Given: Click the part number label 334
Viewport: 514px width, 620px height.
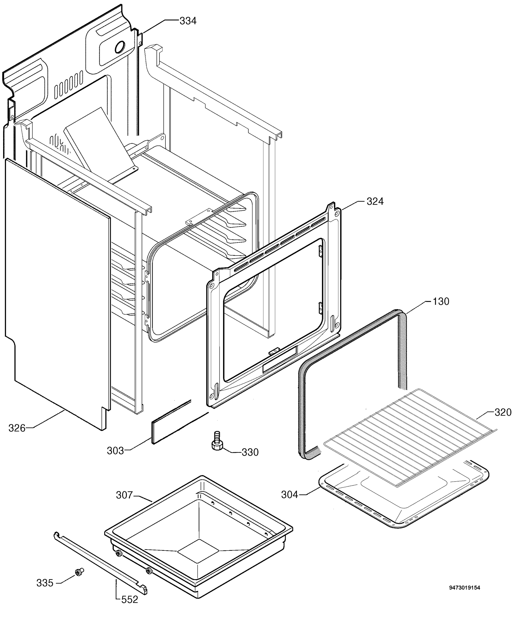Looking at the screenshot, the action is [x=188, y=21].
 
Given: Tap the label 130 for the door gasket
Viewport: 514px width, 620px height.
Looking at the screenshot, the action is [x=441, y=301].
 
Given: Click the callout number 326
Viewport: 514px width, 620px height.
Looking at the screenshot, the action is [x=17, y=428].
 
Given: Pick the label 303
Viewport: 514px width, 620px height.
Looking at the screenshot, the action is [x=115, y=451].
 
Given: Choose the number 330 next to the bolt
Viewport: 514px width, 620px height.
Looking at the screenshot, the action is [x=250, y=452].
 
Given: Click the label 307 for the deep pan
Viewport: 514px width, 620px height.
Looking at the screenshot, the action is [x=124, y=495].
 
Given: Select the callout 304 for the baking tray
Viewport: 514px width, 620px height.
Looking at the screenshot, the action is [x=290, y=494].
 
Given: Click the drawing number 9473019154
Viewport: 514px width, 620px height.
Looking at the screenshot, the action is [x=464, y=587].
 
